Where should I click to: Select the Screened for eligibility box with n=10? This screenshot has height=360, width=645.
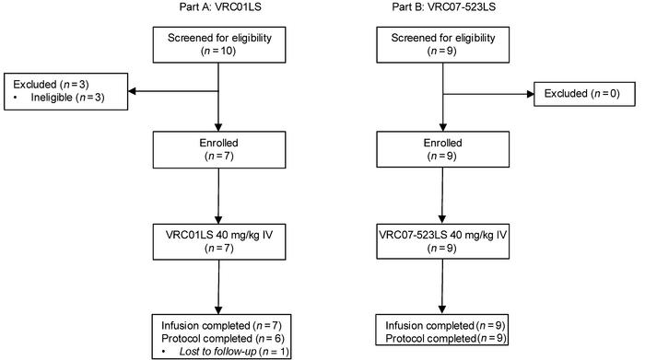pyautogui.click(x=219, y=44)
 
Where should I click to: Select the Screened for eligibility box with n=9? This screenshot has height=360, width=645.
pyautogui.click(x=444, y=44)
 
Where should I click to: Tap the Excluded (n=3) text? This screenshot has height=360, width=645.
pyautogui.click(x=36, y=85)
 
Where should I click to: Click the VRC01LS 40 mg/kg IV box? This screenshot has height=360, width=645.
pyautogui.click(x=219, y=238)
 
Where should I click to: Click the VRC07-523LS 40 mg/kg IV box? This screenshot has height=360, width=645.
pyautogui.click(x=444, y=238)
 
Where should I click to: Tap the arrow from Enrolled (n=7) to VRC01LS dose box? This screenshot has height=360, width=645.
pyautogui.click(x=219, y=194)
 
